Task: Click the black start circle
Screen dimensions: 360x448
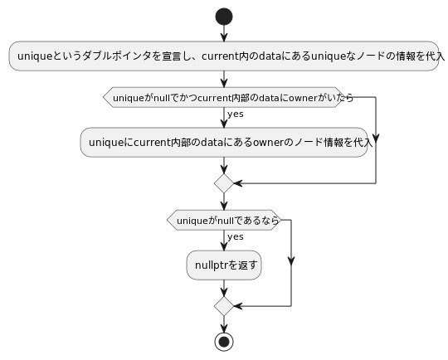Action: click(224, 16)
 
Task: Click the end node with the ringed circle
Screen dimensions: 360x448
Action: click(224, 340)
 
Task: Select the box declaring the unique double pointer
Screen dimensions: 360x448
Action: click(224, 56)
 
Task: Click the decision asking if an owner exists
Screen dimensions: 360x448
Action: click(224, 97)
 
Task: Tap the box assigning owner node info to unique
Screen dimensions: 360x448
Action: click(224, 143)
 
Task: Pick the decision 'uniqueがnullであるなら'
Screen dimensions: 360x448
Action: click(224, 220)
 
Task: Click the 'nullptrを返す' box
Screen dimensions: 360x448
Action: click(224, 265)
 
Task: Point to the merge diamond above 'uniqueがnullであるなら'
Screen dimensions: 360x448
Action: click(224, 182)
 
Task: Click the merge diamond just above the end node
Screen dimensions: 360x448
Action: click(224, 305)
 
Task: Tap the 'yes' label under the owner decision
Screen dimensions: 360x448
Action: click(236, 114)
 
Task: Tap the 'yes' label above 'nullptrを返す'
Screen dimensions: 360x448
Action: click(236, 237)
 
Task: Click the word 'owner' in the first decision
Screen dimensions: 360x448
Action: click(299, 97)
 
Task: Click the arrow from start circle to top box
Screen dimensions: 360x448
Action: click(224, 32)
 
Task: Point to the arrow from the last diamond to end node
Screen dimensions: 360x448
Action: click(224, 323)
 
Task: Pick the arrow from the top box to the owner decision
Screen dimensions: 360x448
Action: click(224, 78)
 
